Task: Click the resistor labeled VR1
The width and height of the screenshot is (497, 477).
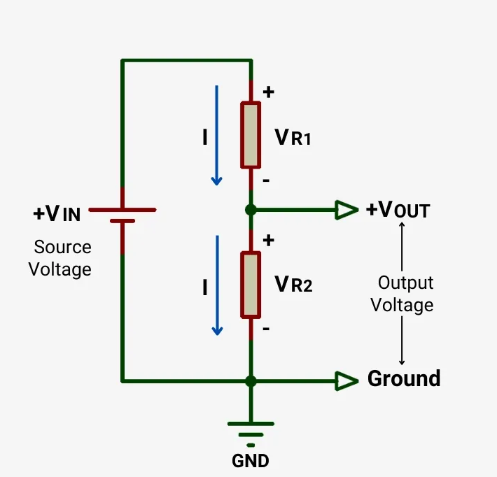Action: coord(251,135)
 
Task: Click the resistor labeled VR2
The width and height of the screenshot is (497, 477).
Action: coord(251,285)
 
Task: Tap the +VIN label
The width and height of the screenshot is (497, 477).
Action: coord(57,213)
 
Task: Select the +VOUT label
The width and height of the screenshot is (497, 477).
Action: coord(398,210)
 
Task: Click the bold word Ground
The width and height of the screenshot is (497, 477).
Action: coord(404,379)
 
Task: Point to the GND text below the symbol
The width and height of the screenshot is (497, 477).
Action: coord(250,462)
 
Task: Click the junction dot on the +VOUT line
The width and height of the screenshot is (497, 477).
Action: coord(251,209)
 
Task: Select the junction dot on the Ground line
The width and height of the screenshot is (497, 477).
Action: coord(251,381)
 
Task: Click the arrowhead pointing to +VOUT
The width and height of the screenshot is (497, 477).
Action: coord(346,209)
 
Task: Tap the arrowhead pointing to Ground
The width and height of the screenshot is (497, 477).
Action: coord(346,381)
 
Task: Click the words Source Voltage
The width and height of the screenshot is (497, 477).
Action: coord(61,258)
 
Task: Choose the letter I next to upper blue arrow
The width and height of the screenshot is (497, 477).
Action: coord(204,138)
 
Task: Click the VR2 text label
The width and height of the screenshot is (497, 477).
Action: coord(293,284)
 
